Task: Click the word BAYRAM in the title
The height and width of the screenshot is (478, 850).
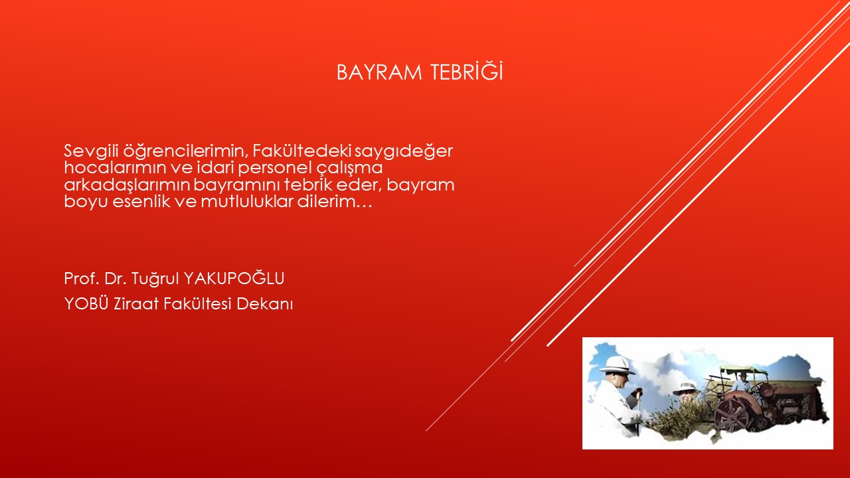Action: [379, 72]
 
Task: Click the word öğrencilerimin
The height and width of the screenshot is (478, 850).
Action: [185, 151]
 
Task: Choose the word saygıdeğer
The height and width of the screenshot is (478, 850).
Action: [404, 151]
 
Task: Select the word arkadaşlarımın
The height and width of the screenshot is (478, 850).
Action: [127, 185]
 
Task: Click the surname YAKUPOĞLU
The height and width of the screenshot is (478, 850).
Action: [234, 278]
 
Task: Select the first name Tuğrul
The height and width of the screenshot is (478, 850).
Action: [155, 279]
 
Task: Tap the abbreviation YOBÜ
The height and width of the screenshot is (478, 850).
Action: [86, 303]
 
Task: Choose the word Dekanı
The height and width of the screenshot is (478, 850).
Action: [264, 304]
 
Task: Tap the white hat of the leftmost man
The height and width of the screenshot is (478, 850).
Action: [618, 365]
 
